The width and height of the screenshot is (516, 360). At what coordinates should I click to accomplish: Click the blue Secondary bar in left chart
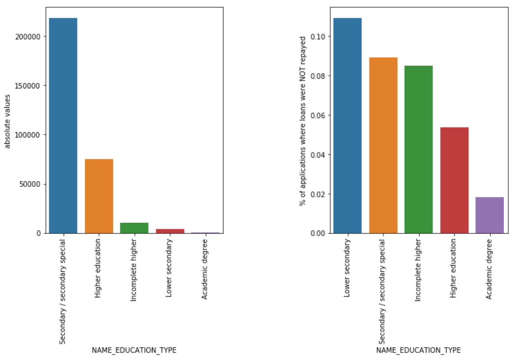pyautogui.click(x=63, y=126)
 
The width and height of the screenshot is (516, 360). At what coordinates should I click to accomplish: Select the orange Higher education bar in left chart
pyautogui.click(x=99, y=196)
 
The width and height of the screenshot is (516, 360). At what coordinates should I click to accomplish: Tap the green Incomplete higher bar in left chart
pyautogui.click(x=134, y=228)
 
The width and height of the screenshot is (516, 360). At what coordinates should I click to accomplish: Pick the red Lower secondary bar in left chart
pyautogui.click(x=170, y=231)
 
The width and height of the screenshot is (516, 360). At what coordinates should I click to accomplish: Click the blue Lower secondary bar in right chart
pyautogui.click(x=347, y=126)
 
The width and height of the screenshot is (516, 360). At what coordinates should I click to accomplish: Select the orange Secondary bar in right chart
pyautogui.click(x=383, y=145)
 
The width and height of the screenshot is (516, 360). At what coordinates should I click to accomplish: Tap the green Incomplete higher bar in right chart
pyautogui.click(x=419, y=149)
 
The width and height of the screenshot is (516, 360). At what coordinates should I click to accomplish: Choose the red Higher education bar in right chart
pyautogui.click(x=454, y=180)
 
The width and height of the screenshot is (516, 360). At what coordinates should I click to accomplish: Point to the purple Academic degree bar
pyautogui.click(x=489, y=215)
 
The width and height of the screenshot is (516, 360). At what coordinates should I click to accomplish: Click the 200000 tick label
pyautogui.click(x=28, y=36)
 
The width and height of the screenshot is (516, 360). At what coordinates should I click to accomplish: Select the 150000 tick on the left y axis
pyautogui.click(x=28, y=86)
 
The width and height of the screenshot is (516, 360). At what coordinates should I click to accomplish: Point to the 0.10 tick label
pyautogui.click(x=318, y=36)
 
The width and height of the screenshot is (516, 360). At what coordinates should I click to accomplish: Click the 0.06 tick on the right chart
pyautogui.click(x=318, y=116)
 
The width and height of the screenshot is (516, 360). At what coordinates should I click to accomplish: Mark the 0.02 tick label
pyautogui.click(x=318, y=194)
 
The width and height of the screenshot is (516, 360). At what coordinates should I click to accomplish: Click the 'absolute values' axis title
pyautogui.click(x=8, y=121)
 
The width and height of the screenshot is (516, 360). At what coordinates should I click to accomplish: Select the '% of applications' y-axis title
pyautogui.click(x=303, y=121)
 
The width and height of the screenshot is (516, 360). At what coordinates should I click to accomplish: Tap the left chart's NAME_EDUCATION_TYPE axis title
pyautogui.click(x=134, y=350)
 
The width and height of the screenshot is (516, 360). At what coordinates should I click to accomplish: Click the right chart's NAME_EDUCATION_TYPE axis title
pyautogui.click(x=419, y=350)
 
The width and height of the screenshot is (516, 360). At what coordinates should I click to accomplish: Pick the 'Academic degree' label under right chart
pyautogui.click(x=489, y=269)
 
